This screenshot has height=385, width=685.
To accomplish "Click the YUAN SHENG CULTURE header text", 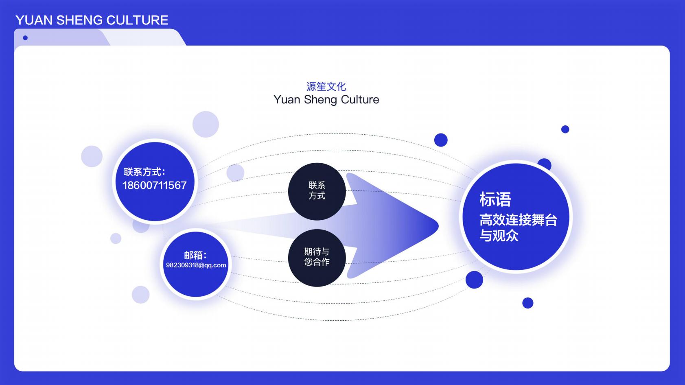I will coord(92,20).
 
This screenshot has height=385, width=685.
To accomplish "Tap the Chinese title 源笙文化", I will coord(326,86).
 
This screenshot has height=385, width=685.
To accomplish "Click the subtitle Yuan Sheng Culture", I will coord(326,100).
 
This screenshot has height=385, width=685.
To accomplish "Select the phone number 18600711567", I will coord(154,186).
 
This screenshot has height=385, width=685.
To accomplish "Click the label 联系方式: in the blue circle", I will coord(144,172).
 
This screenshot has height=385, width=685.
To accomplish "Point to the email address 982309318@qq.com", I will coord(196,265).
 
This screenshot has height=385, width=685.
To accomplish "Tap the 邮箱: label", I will coord(195,255).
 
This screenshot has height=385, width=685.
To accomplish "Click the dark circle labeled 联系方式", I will coord(317,191).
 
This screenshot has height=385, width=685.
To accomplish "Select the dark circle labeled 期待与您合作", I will coord(317,257).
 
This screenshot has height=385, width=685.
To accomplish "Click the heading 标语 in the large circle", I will coord(495,199).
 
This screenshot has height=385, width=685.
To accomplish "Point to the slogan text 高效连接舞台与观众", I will coord(518,227).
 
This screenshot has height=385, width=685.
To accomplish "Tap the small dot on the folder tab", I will coord(25,38).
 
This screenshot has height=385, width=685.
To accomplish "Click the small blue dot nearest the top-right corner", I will coord(565,129).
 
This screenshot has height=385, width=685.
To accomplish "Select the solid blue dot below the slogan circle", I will coord(527,303).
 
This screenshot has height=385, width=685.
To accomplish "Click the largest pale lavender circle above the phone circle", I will coord(206,124).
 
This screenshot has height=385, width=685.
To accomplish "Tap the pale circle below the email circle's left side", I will coord(140,295).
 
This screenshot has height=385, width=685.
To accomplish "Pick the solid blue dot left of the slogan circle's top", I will coord(441,140).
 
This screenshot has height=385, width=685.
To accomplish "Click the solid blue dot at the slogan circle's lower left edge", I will coord(474,280).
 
